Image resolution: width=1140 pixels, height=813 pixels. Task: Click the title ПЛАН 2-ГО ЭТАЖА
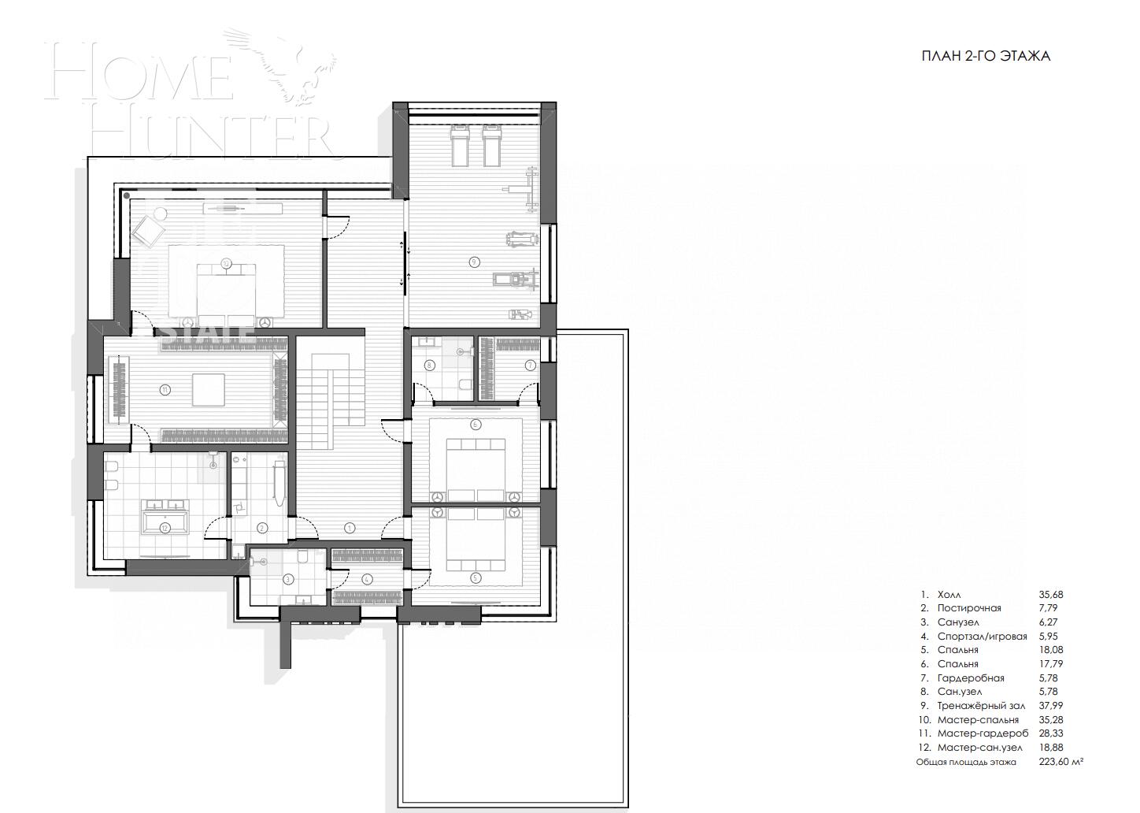click(986, 56)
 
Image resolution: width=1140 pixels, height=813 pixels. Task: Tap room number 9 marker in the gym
click(474, 262)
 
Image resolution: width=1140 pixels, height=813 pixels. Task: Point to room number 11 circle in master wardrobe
click(165, 388)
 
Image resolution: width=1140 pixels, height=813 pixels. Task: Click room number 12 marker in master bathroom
click(165, 528)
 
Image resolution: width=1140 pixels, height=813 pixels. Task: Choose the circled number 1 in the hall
click(350, 527)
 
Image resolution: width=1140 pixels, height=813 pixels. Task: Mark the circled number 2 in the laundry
click(262, 528)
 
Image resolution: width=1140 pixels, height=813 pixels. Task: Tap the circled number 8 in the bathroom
click(429, 365)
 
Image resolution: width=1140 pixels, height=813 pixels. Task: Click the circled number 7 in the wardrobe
click(530, 365)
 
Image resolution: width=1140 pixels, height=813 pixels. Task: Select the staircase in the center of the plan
click(331, 390)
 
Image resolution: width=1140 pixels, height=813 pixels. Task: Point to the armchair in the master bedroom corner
click(146, 230)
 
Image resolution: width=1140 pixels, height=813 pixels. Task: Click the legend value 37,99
click(1050, 706)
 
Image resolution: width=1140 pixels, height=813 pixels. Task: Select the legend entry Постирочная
click(969, 608)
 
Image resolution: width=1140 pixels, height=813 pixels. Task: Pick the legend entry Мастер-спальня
click(978, 720)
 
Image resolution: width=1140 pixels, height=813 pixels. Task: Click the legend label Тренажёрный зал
click(981, 706)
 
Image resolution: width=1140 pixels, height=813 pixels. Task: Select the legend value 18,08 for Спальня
click(1050, 650)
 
